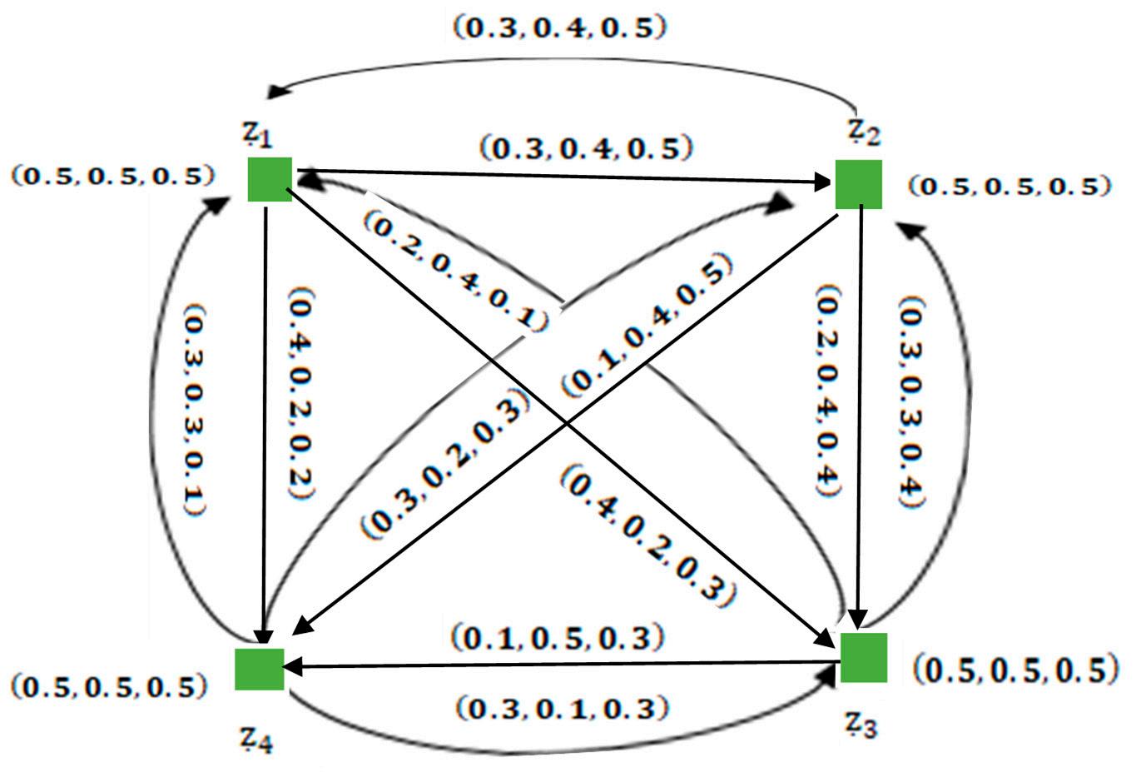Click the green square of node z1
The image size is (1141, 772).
[x=270, y=179]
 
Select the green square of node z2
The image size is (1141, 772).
[x=858, y=184]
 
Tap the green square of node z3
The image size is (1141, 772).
[x=864, y=657]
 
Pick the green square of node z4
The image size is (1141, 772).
[x=259, y=669]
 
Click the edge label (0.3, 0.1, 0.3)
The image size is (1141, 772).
[x=563, y=709]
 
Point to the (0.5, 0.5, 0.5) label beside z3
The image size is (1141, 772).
[x=1014, y=670]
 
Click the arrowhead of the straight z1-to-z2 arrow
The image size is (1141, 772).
[x=826, y=180]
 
